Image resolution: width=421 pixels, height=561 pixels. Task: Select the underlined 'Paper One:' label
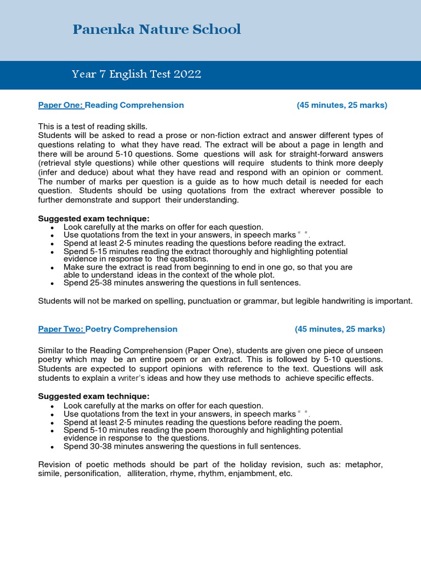click(x=60, y=105)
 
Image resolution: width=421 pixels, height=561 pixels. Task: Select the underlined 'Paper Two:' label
click(x=60, y=329)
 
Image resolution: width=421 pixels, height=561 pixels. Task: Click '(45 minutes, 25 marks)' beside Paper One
click(x=342, y=105)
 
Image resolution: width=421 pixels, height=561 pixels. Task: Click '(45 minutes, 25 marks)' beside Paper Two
click(x=340, y=329)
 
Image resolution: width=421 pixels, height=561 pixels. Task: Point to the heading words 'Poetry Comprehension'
click(x=132, y=329)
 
